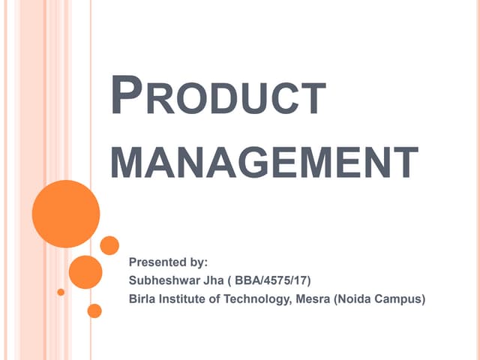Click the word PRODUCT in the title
pos(218,98)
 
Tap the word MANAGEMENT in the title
pos(264,162)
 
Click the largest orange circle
pos(66,214)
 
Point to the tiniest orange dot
pos(61,292)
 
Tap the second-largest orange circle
pos(85,272)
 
